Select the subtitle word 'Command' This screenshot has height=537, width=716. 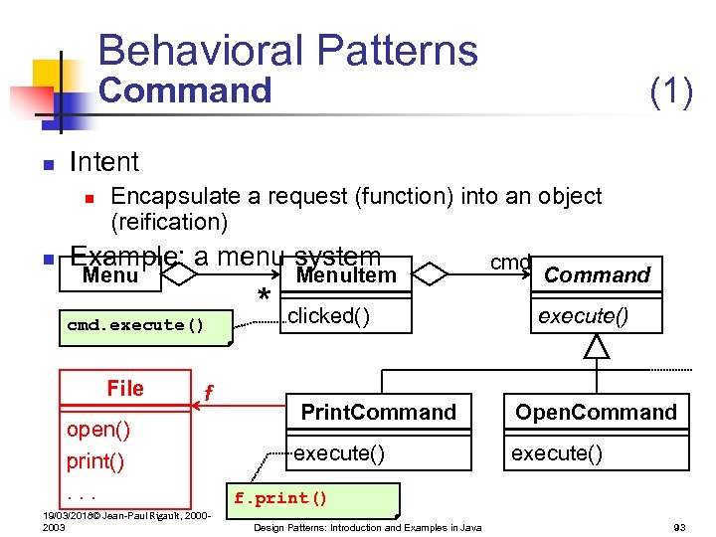coord(185,90)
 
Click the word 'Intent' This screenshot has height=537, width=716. coord(104,161)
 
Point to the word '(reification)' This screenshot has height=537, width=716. coord(169,221)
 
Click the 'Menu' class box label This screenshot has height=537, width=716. coord(110,275)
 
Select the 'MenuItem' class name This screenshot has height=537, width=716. coord(346,275)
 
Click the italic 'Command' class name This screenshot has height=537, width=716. coord(597,275)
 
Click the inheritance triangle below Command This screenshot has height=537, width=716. coord(596,346)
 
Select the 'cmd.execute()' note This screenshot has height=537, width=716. coord(135,325)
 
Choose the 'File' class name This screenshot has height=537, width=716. coord(125,389)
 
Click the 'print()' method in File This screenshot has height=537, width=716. coord(94,461)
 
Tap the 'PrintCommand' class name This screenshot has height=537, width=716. coord(378,412)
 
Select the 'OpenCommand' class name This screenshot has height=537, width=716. coord(596,412)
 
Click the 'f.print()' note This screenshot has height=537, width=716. coord(279,498)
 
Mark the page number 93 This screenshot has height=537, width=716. coord(680,527)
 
